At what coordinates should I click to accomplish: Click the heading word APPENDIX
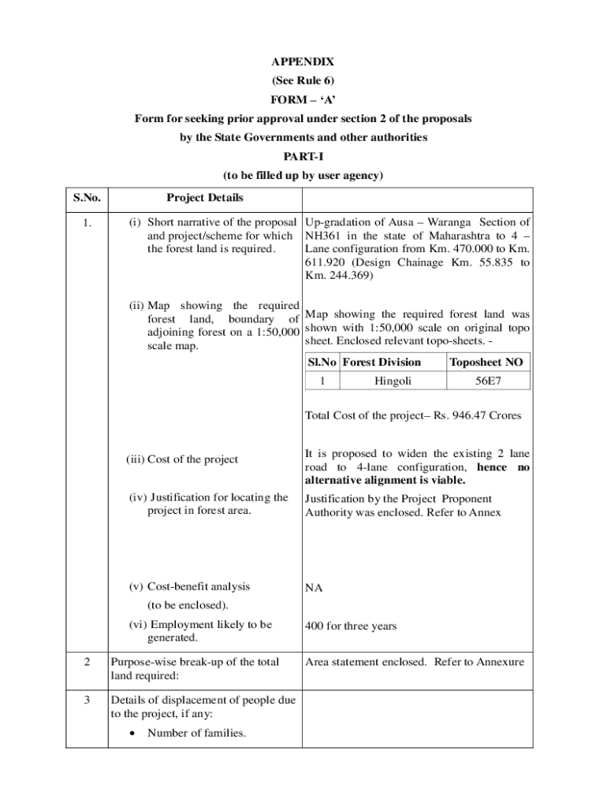click(x=303, y=61)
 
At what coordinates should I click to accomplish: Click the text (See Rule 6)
click(x=303, y=80)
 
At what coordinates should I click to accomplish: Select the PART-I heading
click(x=303, y=157)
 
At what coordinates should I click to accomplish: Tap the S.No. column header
click(x=88, y=198)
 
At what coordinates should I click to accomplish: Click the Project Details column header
click(x=205, y=198)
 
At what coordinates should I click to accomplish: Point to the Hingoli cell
click(x=393, y=381)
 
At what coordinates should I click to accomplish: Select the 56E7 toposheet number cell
click(x=487, y=381)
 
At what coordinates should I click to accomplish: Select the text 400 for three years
click(x=351, y=627)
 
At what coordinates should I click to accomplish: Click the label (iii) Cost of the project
click(x=182, y=459)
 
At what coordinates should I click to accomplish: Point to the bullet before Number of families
click(x=130, y=734)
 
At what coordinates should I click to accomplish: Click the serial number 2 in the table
click(x=88, y=662)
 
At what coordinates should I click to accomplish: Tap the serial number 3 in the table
click(x=88, y=700)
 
